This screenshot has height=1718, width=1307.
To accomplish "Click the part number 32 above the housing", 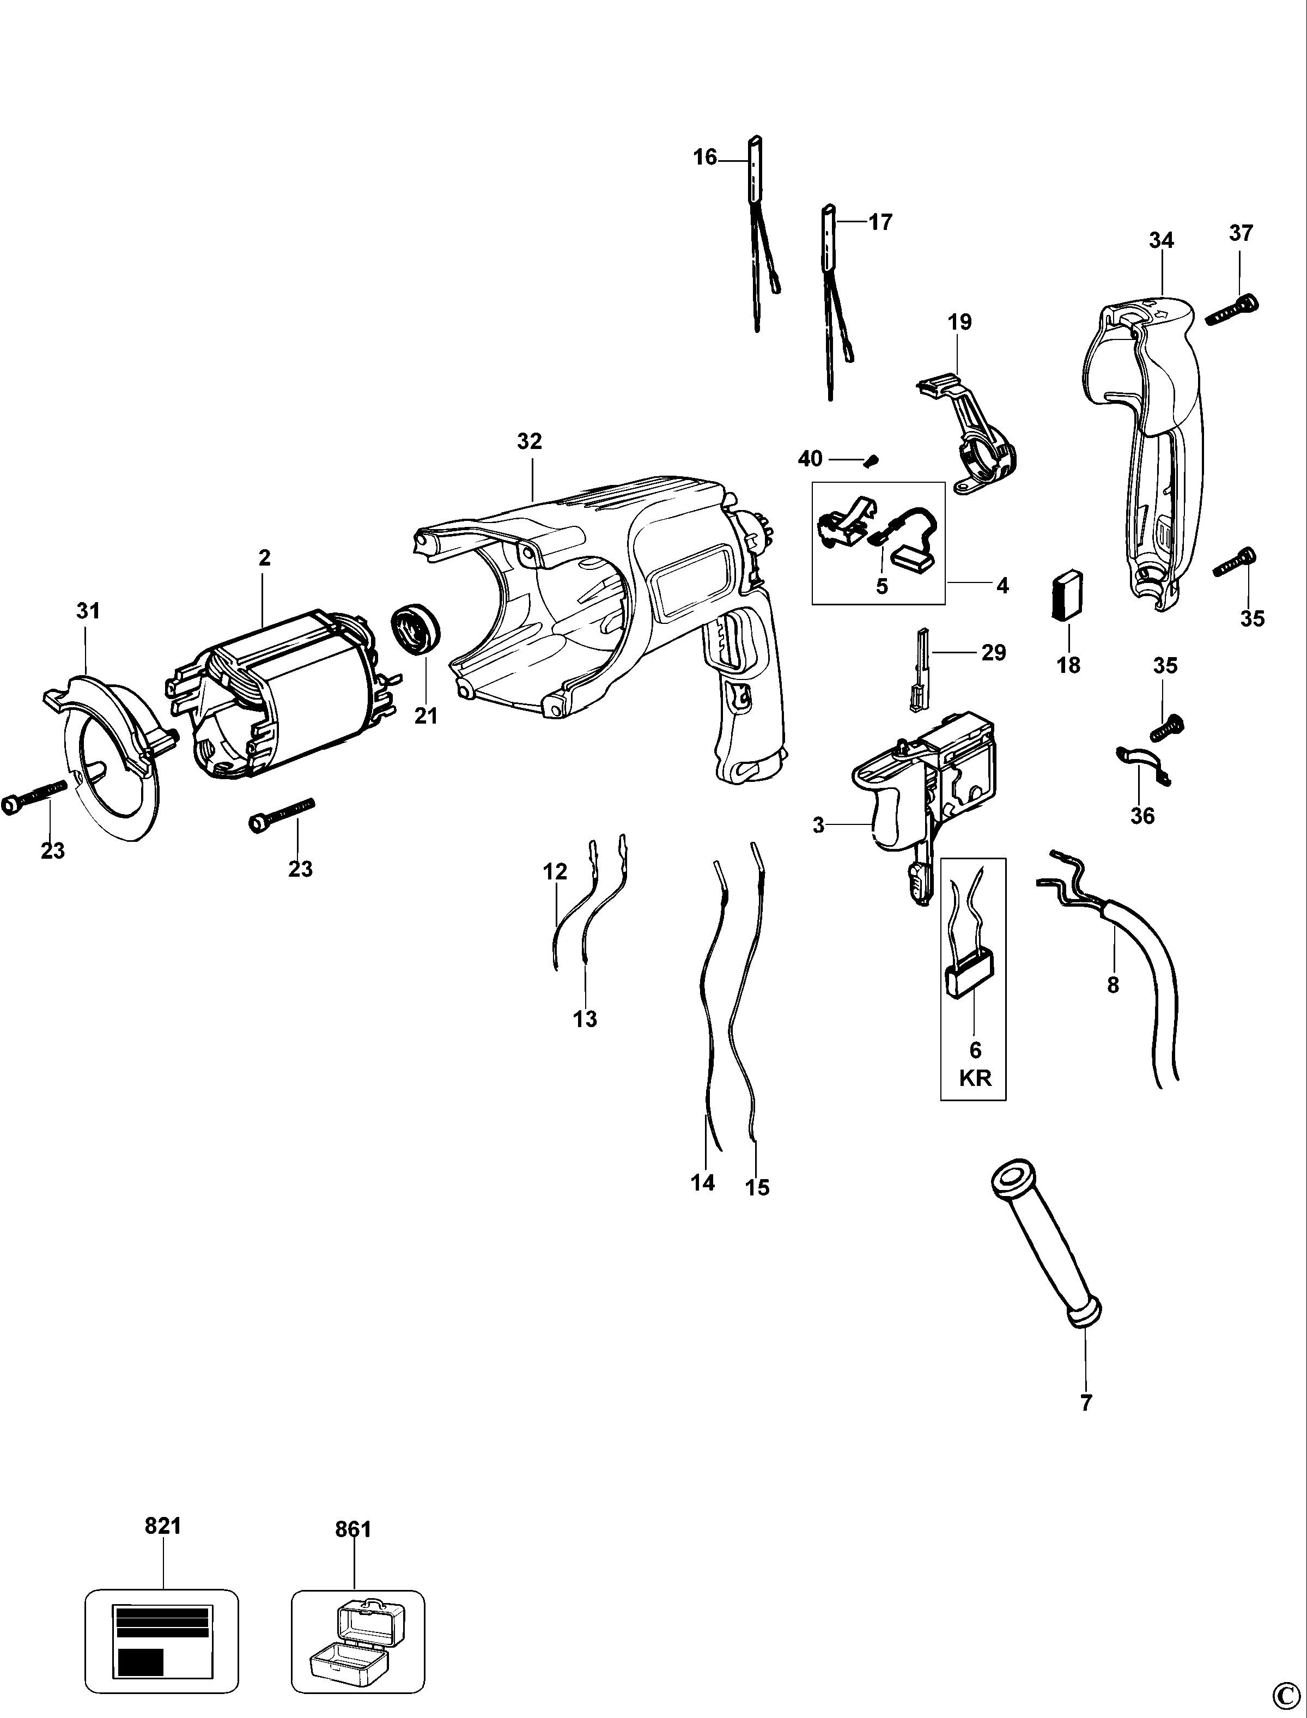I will pyautogui.click(x=529, y=441).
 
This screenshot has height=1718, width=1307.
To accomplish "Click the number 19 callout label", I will pyautogui.click(x=960, y=321).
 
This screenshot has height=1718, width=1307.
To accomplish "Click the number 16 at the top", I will pyautogui.click(x=705, y=157).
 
